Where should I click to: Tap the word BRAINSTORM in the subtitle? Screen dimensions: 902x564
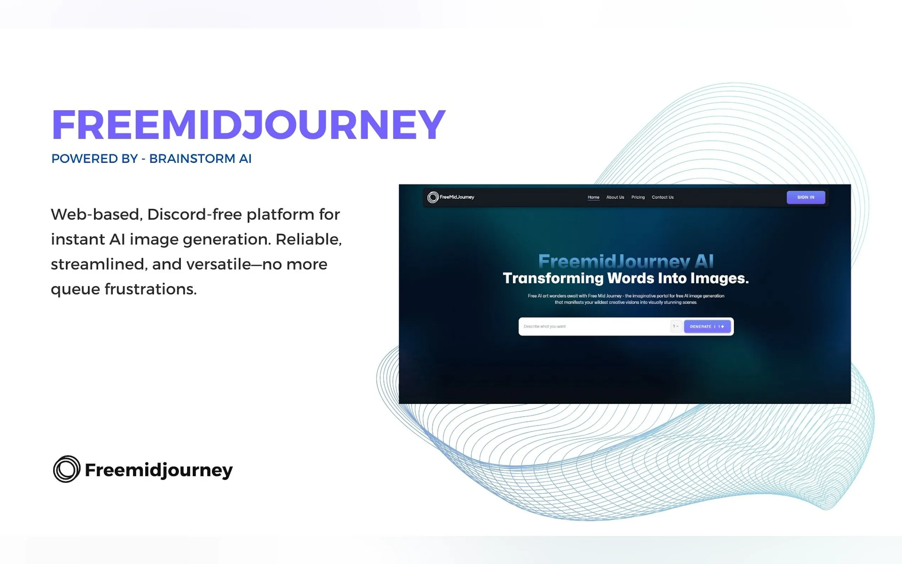pos(192,158)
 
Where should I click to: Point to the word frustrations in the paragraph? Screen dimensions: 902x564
pos(150,289)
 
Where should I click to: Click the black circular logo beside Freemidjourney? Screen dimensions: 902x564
pos(67,469)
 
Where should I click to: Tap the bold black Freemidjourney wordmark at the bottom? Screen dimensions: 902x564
pos(159,470)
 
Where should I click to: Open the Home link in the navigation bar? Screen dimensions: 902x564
pos(593,197)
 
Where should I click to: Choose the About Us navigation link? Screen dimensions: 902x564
pos(615,197)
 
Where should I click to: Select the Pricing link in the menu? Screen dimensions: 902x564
pos(638,197)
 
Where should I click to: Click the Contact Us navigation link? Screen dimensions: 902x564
pos(663,197)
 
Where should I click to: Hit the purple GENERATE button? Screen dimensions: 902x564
pos(707,326)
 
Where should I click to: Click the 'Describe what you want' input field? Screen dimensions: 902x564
pos(595,326)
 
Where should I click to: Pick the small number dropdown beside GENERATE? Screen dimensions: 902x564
pos(676,326)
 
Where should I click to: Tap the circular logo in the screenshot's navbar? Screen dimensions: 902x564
pos(433,197)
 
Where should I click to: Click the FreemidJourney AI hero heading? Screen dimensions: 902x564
pos(626,261)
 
